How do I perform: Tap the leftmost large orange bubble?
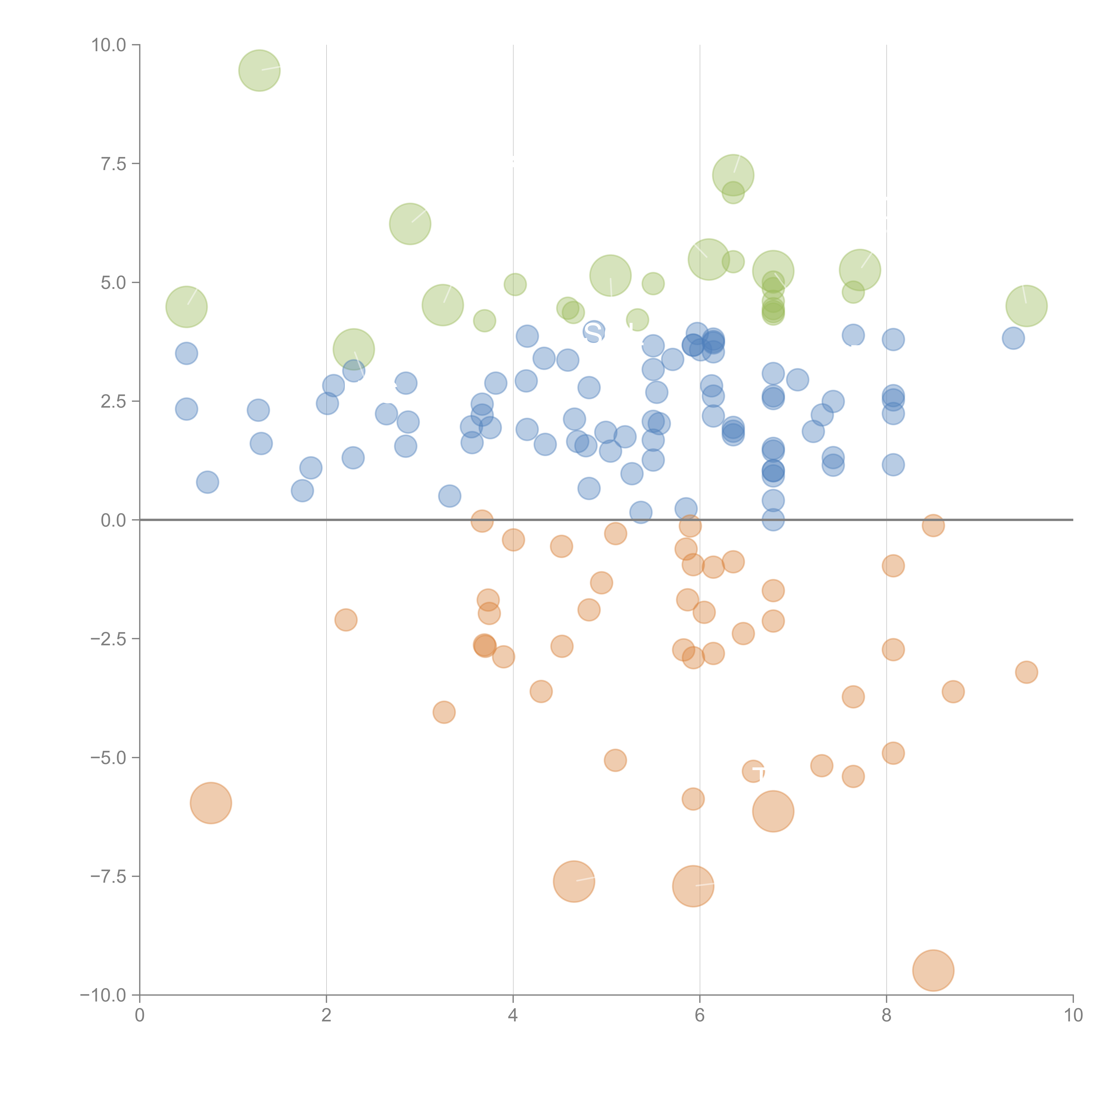tap(211, 803)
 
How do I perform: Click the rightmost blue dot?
tap(1013, 338)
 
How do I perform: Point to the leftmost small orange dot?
tap(345, 620)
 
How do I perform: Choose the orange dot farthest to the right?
tap(1026, 672)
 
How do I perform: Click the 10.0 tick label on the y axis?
tap(109, 45)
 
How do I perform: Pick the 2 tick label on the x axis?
tap(326, 1016)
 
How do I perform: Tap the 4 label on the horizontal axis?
tap(513, 1016)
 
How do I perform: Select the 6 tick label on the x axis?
tap(700, 1016)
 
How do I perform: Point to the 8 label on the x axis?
tap(886, 1016)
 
